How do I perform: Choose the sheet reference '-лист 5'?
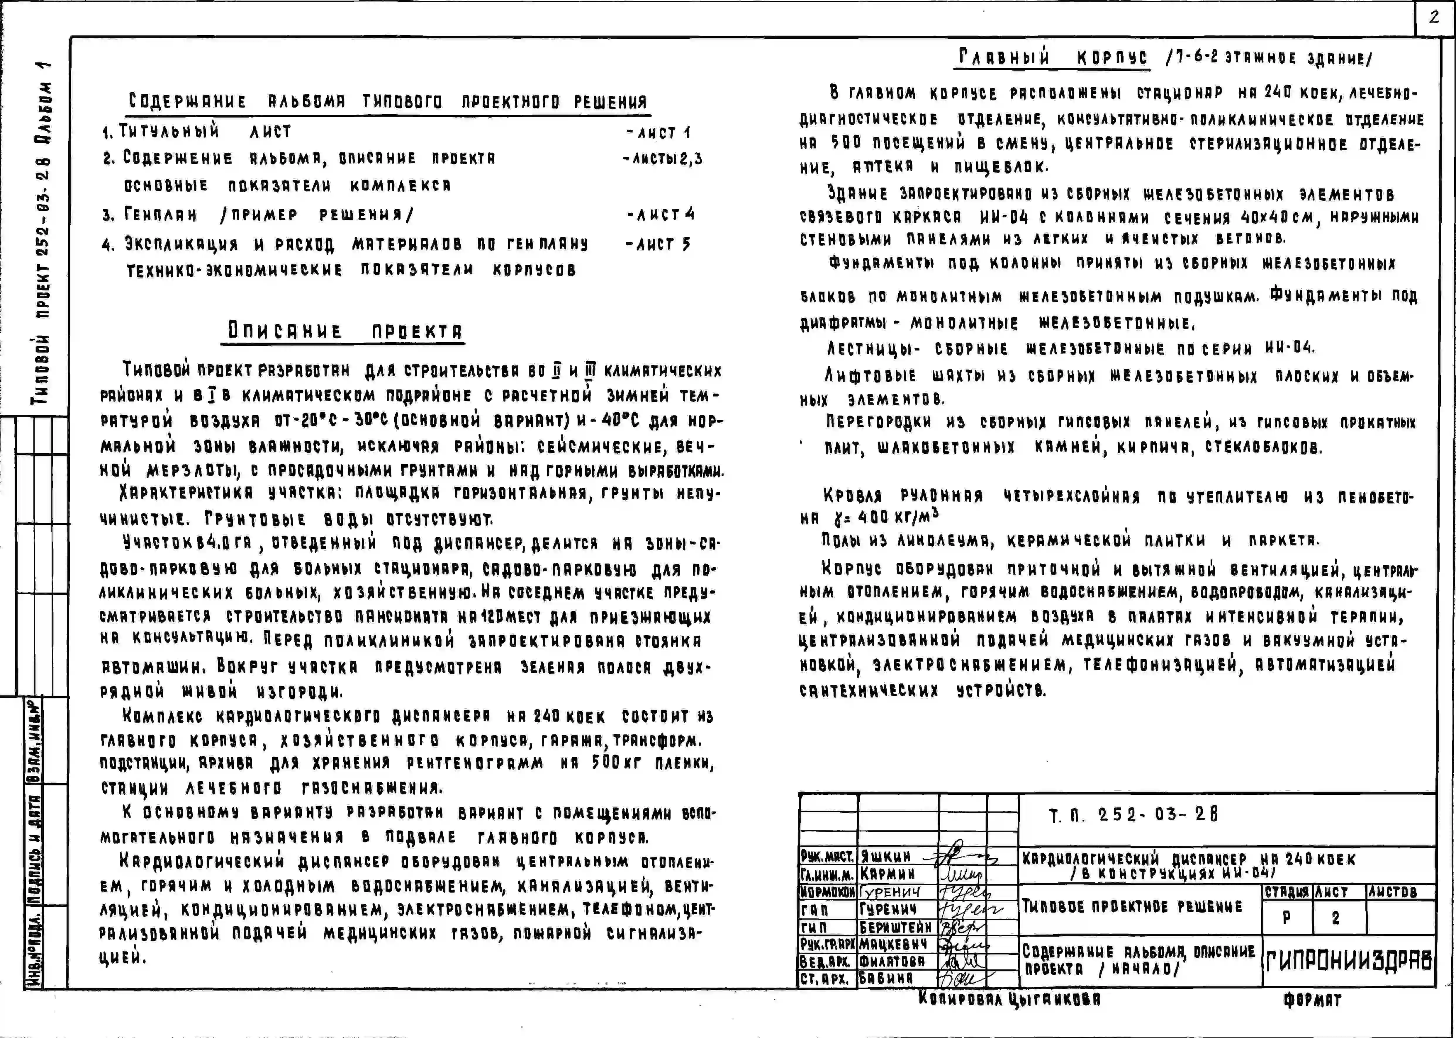[x=659, y=244]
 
